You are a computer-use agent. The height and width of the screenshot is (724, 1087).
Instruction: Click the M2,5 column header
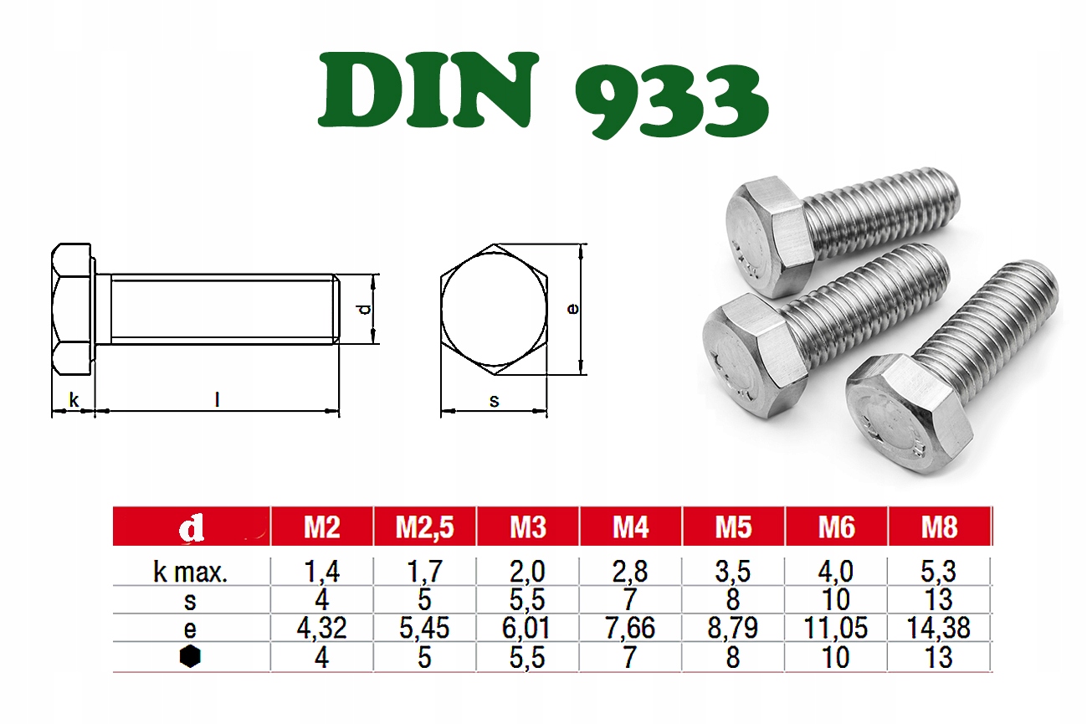pyautogui.click(x=424, y=526)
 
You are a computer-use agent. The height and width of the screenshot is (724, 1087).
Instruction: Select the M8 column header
pyautogui.click(x=940, y=526)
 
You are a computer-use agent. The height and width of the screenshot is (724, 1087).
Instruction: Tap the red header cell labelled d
pyautogui.click(x=191, y=526)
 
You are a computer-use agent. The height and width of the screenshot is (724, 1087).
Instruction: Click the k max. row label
pyautogui.click(x=190, y=573)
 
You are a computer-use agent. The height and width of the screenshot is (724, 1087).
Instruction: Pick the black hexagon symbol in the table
pyautogui.click(x=190, y=656)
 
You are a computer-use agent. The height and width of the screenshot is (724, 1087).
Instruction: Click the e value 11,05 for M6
pyautogui.click(x=836, y=628)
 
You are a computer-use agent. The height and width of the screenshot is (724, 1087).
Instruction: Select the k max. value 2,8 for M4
pyautogui.click(x=630, y=572)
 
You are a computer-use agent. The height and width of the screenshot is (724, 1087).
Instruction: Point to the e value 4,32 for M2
pyautogui.click(x=321, y=628)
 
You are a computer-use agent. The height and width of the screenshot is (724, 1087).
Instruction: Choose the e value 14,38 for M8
pyautogui.click(x=939, y=628)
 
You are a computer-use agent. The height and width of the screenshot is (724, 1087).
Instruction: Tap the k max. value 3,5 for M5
pyautogui.click(x=733, y=572)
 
